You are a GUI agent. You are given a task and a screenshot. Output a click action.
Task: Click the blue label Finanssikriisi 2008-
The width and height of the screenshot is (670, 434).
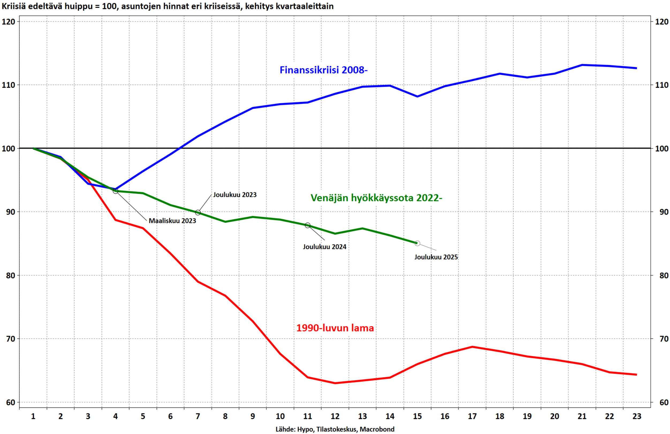point(323,70)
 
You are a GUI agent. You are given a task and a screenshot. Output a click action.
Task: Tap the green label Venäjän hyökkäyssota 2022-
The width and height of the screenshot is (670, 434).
point(376,198)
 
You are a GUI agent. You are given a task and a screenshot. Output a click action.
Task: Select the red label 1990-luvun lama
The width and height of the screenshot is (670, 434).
point(335,328)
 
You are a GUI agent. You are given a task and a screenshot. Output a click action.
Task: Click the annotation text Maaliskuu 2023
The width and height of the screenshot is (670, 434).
point(172,221)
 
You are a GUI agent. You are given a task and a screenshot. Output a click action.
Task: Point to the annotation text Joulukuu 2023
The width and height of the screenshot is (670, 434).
point(235,195)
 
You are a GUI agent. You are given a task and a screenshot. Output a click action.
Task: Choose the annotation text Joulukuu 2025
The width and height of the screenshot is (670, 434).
point(436,257)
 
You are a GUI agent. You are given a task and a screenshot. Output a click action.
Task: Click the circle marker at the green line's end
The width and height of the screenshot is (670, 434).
point(417,243)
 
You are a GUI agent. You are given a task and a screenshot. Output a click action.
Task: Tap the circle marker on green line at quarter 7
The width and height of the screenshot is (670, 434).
point(198,213)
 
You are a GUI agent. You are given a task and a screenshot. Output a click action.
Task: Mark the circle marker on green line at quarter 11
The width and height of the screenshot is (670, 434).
point(307,225)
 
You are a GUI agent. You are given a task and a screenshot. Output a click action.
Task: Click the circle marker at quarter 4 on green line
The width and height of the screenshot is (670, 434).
point(115,191)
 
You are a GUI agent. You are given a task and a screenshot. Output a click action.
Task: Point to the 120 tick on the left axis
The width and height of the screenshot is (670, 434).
point(9,22)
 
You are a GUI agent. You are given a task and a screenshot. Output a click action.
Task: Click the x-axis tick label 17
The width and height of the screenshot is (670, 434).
point(472,416)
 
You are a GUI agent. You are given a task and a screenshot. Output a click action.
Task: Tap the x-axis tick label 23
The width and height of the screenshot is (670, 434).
point(637,416)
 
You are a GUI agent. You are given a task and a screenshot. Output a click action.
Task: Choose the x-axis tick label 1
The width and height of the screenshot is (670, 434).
point(33,416)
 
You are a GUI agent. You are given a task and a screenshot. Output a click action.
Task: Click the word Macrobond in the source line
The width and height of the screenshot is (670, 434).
point(377,429)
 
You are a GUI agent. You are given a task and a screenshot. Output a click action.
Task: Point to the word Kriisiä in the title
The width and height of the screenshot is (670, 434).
point(14,6)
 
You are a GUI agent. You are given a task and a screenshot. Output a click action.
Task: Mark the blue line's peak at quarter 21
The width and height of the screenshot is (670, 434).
point(582,65)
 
